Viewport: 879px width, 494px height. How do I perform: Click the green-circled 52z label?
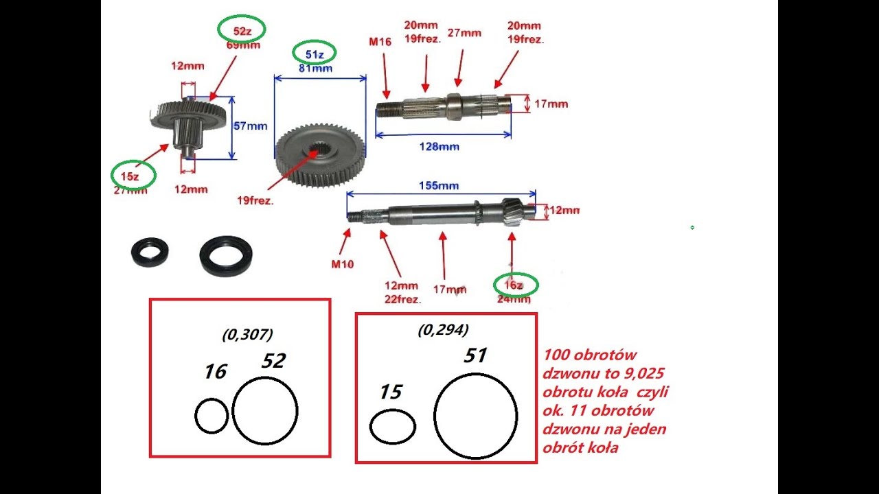pos(241,30)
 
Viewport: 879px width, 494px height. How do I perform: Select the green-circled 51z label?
pos(314,53)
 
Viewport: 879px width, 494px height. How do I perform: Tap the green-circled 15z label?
pos(133,176)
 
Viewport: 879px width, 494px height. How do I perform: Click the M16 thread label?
pos(380,42)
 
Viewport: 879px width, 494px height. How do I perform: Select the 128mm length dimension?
pos(439,146)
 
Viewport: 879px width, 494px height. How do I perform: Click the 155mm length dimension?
pos(439,186)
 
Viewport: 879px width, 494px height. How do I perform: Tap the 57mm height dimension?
pos(251,126)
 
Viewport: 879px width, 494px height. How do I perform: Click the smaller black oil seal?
pos(150,252)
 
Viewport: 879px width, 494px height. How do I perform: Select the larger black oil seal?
pos(225,255)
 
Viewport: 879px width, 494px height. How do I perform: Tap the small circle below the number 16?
pos(211,416)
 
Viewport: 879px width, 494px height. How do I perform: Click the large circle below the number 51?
pos(475,416)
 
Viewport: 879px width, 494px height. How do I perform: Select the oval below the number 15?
pos(393,427)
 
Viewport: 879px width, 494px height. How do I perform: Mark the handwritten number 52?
pos(273,361)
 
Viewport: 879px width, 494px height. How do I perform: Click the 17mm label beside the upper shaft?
pos(551,104)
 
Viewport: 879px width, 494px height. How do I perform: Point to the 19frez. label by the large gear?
pos(256,201)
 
